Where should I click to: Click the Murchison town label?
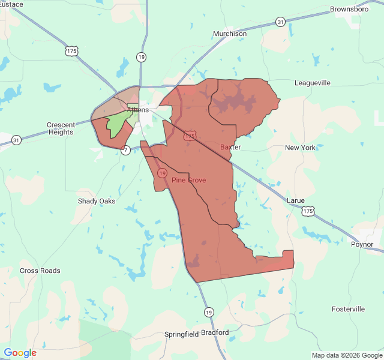230,34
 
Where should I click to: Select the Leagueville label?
312,83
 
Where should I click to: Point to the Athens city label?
138,110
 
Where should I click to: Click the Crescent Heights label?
61,128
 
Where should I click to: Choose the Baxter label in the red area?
230,147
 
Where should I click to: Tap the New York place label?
300,148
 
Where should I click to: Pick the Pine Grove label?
189,180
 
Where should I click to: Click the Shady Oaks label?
97,201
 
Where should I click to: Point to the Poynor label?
362,244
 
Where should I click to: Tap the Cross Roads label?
40,271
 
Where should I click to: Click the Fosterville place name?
348,309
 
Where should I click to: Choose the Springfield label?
182,334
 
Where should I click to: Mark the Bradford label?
215,332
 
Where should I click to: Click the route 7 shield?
125,149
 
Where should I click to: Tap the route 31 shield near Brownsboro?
281,22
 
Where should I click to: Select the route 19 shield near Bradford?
208,312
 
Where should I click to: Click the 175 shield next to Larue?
308,212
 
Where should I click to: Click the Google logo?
20,353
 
